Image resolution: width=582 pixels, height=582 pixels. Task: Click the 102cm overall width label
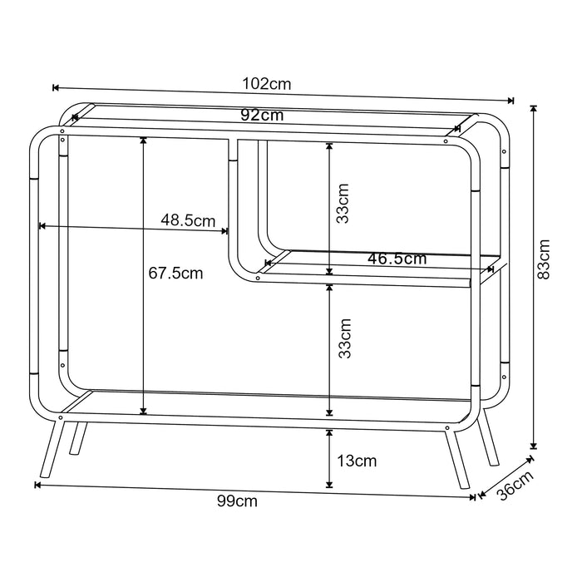(x=267, y=84)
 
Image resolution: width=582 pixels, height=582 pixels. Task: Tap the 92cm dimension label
(x=262, y=115)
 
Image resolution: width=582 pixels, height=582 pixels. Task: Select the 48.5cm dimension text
(x=188, y=220)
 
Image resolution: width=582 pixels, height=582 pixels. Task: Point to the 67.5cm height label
(x=175, y=274)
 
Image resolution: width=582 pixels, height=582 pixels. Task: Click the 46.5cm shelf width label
(x=397, y=259)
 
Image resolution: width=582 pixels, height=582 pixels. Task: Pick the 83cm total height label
(x=544, y=259)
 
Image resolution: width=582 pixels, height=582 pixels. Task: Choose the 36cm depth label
(x=515, y=485)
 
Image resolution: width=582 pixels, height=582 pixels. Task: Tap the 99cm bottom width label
(x=237, y=501)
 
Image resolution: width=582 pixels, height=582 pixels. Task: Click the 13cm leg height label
(x=357, y=461)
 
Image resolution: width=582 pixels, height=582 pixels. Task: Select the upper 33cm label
(x=343, y=203)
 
